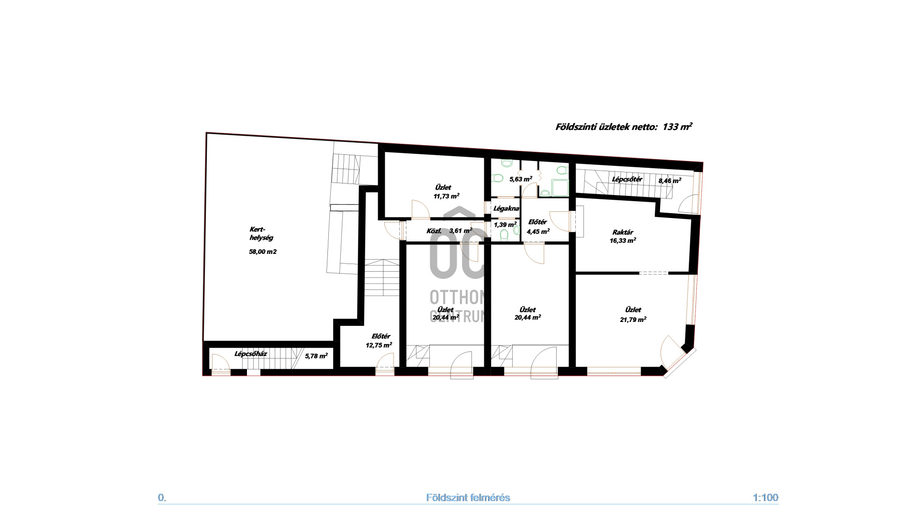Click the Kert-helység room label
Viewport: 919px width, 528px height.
click(x=261, y=233)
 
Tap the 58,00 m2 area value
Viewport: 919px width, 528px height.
click(x=263, y=252)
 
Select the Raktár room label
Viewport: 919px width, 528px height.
click(x=623, y=232)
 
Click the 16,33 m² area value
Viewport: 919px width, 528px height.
click(x=623, y=241)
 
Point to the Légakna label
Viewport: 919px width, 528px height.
click(x=506, y=208)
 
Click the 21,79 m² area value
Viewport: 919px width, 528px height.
click(x=633, y=319)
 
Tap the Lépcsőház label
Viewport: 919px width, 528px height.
click(x=250, y=354)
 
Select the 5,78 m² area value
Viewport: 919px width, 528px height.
click(x=316, y=356)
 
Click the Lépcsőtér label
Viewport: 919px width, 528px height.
click(x=627, y=179)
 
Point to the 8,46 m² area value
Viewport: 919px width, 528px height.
click(x=670, y=181)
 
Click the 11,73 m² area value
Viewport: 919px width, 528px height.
click(x=446, y=195)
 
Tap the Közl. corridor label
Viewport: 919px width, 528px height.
click(x=434, y=231)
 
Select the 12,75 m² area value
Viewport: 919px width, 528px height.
click(x=379, y=344)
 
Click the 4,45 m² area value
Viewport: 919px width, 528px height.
click(x=538, y=231)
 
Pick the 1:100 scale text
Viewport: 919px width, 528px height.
click(x=765, y=497)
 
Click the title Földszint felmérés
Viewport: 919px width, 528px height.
click(x=468, y=498)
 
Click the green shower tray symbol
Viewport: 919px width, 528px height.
click(x=560, y=187)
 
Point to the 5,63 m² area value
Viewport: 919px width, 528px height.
click(x=521, y=179)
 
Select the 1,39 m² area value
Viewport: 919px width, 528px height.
click(x=505, y=224)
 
